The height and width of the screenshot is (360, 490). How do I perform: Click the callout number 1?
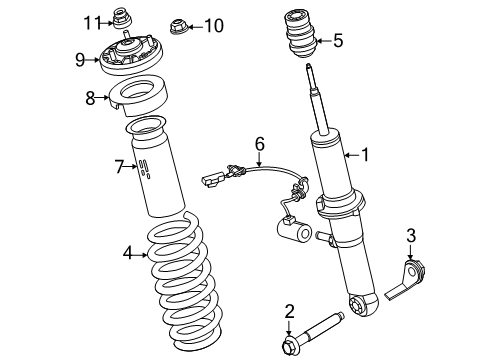click(366, 155)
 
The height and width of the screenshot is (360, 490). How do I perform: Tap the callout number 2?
click(290, 311)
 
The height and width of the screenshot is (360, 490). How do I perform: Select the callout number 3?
click(411, 235)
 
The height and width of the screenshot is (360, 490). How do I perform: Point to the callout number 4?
click(128, 253)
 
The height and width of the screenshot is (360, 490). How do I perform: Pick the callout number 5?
click(338, 41)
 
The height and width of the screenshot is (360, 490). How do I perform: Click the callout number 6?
click(260, 144)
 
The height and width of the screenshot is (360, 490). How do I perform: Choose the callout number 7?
click(120, 167)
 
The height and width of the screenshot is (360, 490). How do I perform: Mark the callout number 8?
click(90, 98)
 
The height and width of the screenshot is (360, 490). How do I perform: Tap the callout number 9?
click(80, 60)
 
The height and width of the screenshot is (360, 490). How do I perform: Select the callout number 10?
click(214, 26)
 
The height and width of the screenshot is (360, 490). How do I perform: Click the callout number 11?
click(92, 23)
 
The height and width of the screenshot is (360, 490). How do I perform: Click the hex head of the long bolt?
click(289, 347)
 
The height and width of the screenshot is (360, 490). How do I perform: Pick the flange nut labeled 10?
click(177, 27)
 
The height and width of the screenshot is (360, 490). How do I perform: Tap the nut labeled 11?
click(122, 18)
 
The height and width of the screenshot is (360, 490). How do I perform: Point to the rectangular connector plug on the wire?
click(211, 180)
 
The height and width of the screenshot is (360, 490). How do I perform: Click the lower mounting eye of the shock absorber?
click(364, 304)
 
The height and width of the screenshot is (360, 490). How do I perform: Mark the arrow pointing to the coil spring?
click(141, 255)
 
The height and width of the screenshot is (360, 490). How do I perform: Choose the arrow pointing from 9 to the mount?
click(92, 60)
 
